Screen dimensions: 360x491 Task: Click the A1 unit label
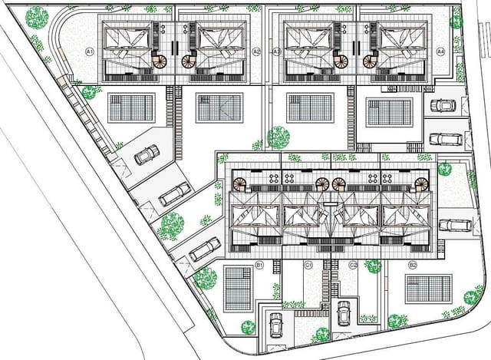89,51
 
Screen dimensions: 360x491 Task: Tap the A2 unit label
256,51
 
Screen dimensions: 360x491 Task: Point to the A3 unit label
277,51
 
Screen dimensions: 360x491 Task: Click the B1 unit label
259,265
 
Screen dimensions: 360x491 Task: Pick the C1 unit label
308,265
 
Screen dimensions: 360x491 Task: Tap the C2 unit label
352,265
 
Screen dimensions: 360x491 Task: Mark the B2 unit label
413,265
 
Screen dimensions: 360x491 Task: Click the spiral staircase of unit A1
160,62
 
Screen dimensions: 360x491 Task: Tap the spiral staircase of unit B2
421,184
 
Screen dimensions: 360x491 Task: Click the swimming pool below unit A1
131,107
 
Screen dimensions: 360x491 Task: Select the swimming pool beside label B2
428,289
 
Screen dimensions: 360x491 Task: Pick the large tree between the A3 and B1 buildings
278,138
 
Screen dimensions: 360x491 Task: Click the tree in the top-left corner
36,18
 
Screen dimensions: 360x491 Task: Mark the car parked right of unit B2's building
455,226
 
